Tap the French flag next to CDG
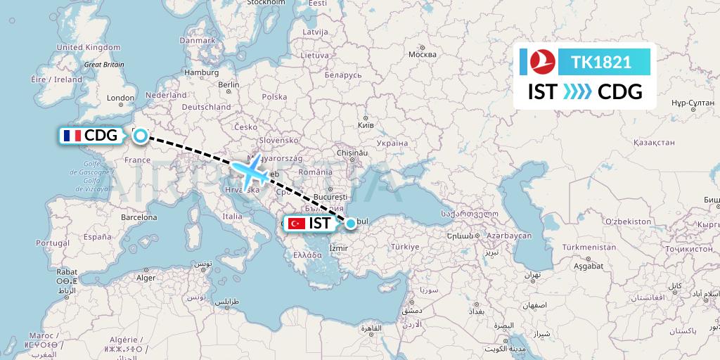tap(71, 136)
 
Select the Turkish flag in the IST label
tap(297, 224)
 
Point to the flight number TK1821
tap(601, 63)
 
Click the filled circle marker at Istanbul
tap(350, 224)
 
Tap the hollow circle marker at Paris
tap(141, 136)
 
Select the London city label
tap(120, 98)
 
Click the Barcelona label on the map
tap(139, 217)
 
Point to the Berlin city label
tap(229, 84)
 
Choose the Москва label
tap(423, 55)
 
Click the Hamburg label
tap(202, 72)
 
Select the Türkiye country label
tap(405, 247)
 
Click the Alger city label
tap(145, 278)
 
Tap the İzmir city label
tap(338, 248)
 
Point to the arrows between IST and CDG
tap(577, 92)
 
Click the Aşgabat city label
tap(588, 266)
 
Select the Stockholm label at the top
tap(265, 3)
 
